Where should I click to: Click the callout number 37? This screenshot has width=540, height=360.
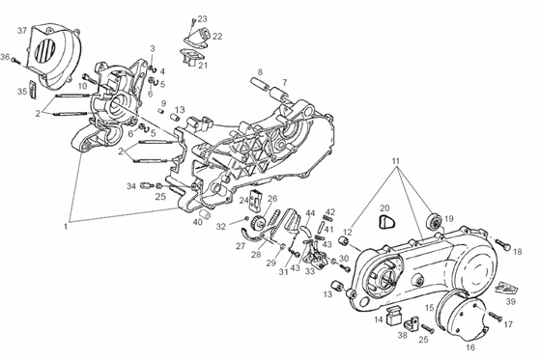[x=22, y=31]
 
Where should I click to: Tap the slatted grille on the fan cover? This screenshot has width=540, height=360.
[x=45, y=50]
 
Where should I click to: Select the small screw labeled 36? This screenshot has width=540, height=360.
[x=15, y=60]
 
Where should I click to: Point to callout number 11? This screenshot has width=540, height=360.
[x=395, y=161]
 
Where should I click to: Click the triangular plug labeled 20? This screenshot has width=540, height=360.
[x=387, y=221]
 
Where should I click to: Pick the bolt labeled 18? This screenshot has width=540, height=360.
[x=502, y=244]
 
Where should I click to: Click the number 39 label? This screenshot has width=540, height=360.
[x=510, y=301]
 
